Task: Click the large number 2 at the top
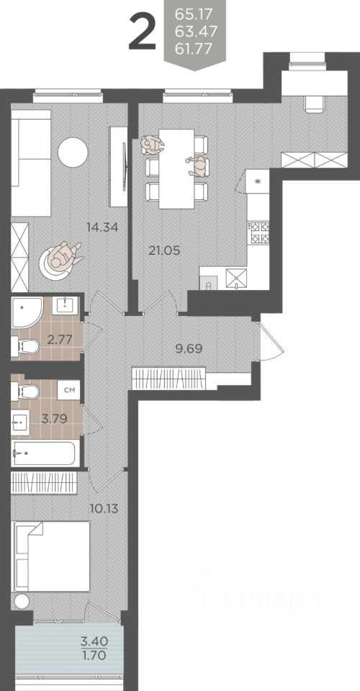[x=143, y=31]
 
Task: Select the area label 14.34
[x=104, y=228]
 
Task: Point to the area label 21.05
[x=164, y=250]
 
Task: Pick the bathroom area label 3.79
[x=54, y=418]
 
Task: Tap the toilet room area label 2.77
[x=58, y=340]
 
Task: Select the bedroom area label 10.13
[x=104, y=509]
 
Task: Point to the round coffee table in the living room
[x=73, y=152]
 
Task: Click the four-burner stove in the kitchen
[x=260, y=232]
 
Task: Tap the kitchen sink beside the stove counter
[x=236, y=278]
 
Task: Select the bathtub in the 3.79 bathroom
[x=45, y=453]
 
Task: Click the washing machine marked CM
[x=69, y=390]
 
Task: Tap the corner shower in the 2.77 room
[x=27, y=312]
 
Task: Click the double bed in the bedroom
[x=51, y=556]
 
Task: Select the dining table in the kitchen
[x=176, y=168]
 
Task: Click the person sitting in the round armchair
[x=64, y=256]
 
